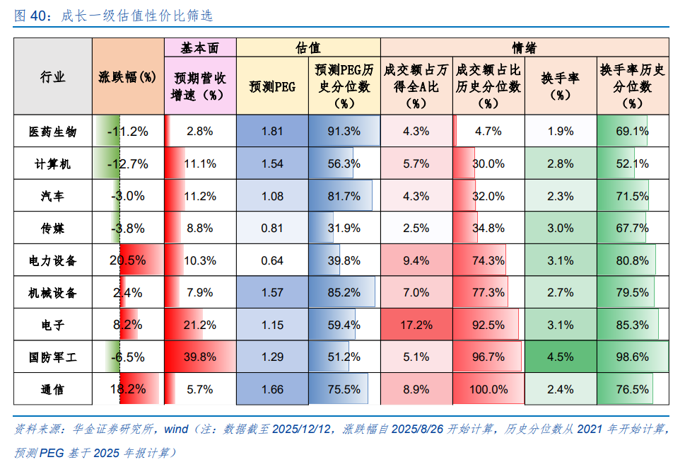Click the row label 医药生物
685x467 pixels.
click(x=53, y=132)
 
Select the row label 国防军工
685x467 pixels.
click(x=53, y=357)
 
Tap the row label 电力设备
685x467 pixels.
click(x=53, y=260)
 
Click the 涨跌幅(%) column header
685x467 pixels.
click(x=127, y=77)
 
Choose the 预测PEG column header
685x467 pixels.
click(x=272, y=86)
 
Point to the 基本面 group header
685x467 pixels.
click(x=199, y=48)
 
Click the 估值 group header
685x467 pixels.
click(x=308, y=48)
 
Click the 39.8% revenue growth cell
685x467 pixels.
click(x=200, y=357)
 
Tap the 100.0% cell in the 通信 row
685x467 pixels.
click(x=488, y=389)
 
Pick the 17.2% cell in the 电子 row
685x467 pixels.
click(x=416, y=325)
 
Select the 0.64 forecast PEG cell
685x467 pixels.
click(x=272, y=260)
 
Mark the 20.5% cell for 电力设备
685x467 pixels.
click(x=128, y=260)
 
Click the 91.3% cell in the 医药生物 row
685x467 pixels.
click(x=344, y=132)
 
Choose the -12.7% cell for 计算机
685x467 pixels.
click(x=128, y=164)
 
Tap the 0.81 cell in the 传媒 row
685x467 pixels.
click(x=272, y=229)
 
